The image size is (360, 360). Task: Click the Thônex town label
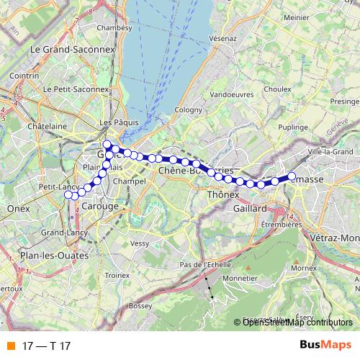(x=222, y=194)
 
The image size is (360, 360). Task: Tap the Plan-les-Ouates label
(x=55, y=255)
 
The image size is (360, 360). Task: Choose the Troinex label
(x=117, y=275)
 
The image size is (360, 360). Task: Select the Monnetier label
(x=240, y=277)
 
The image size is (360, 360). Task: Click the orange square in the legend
(x=9, y=345)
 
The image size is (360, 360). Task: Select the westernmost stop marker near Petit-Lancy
(x=68, y=195)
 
